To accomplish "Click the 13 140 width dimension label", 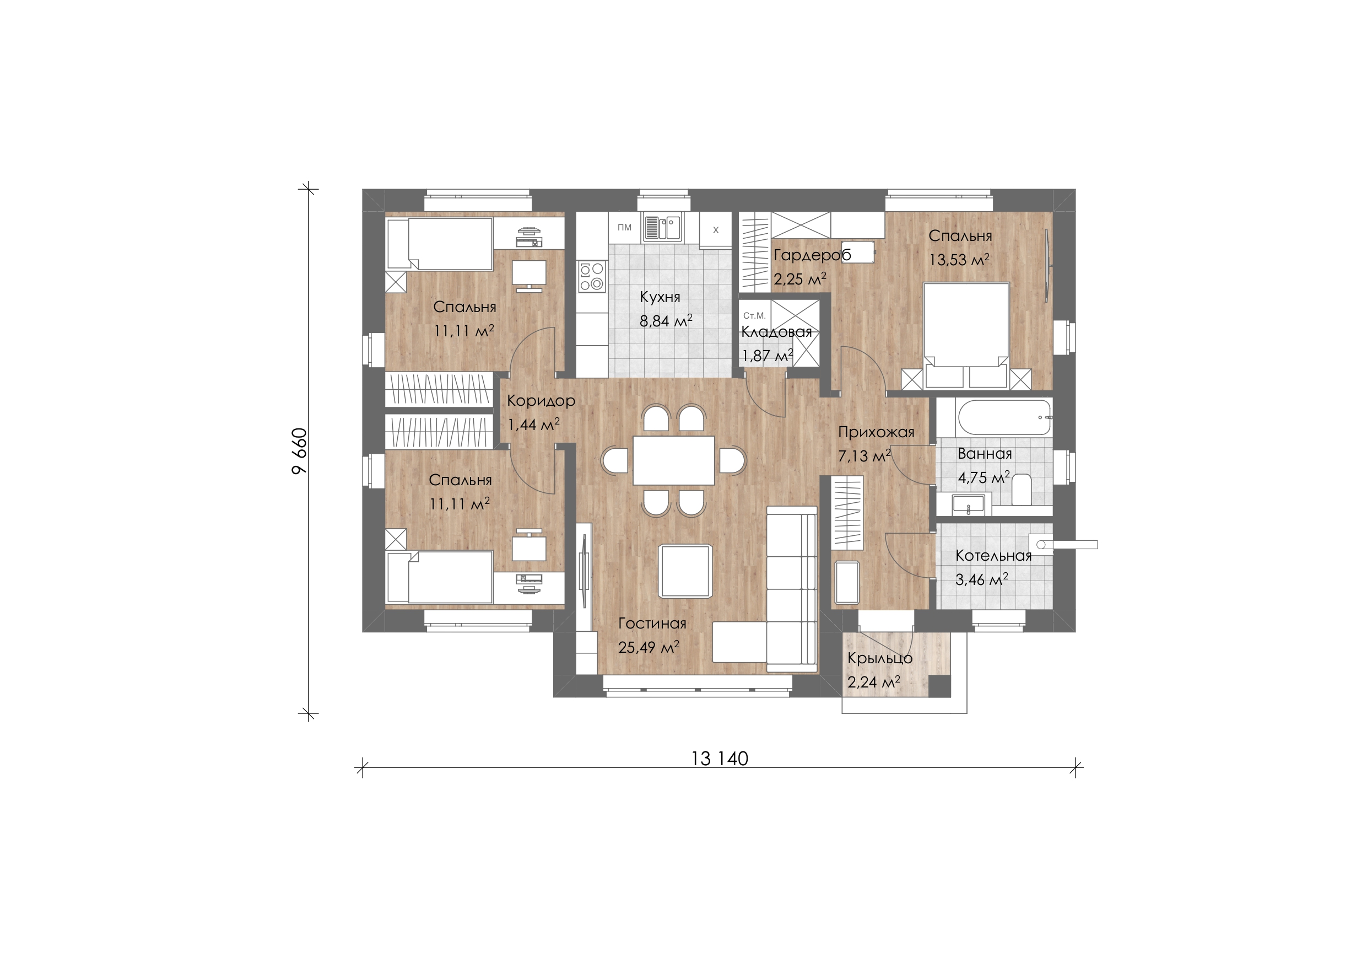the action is [x=720, y=759].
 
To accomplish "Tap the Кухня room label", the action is [x=660, y=297].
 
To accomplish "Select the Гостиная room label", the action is [x=652, y=623].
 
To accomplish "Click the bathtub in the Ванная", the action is [x=1004, y=418].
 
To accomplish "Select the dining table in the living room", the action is [x=673, y=460].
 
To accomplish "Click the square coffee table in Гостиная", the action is [x=685, y=571].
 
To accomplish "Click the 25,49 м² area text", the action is [x=649, y=647].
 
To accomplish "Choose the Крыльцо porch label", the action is [x=880, y=658].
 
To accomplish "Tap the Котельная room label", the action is [x=993, y=556].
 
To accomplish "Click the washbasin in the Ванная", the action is [x=968, y=504].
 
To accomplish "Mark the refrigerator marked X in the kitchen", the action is [x=716, y=230].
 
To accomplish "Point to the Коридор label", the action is [x=541, y=401].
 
